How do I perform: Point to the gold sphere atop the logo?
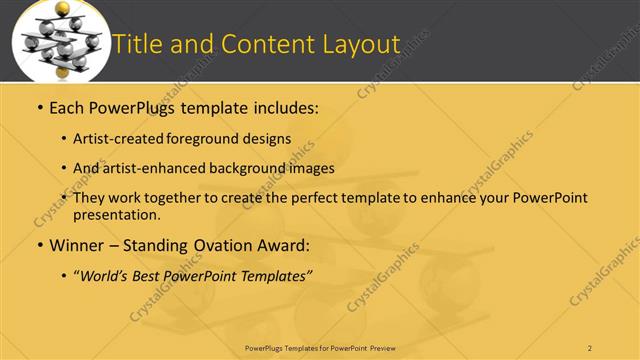click(x=63, y=10)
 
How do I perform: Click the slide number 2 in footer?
click(x=590, y=347)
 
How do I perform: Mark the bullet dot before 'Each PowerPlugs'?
click(x=39, y=106)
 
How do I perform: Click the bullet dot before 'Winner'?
click(x=39, y=245)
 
